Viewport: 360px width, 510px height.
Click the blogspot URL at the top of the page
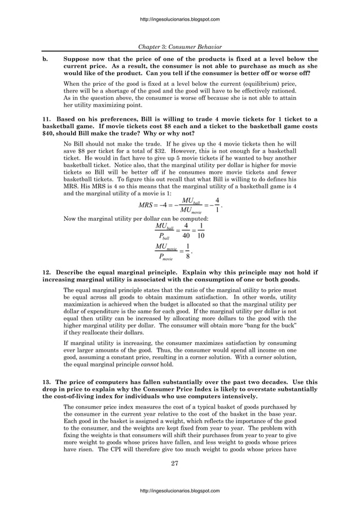(180, 19)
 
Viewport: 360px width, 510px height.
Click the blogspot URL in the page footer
(180, 491)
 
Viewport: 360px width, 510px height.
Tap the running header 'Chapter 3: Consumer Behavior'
(180, 46)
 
